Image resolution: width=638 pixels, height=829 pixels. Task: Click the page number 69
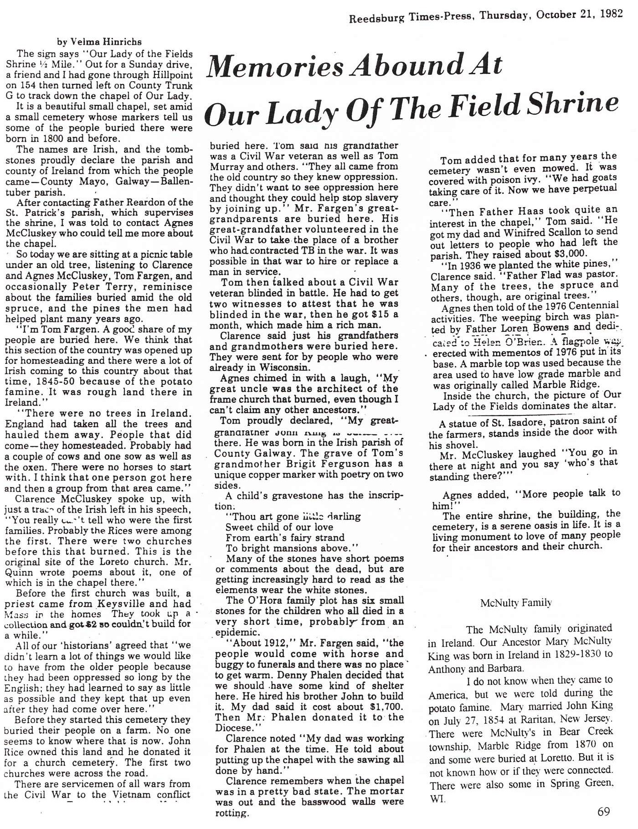pos(603,812)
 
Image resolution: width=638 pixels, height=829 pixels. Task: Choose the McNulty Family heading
pos(516,603)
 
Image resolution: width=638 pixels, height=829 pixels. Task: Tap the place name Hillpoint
pos(170,75)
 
